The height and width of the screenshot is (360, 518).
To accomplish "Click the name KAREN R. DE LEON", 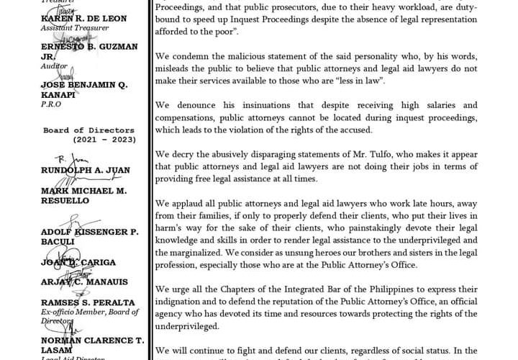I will [x=84, y=18].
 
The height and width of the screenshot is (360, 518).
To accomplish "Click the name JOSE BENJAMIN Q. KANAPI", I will [x=84, y=89].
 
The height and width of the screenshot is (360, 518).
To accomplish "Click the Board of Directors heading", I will [x=88, y=130].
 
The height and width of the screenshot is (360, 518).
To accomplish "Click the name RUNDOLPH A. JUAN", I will [x=86, y=171].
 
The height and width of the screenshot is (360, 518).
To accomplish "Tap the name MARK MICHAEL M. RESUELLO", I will [x=84, y=195].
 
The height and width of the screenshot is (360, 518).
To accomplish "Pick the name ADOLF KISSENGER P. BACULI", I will [x=90, y=237].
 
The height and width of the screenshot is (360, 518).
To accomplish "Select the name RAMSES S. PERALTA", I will [x=88, y=302].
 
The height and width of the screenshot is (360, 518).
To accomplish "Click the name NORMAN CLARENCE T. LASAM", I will [x=93, y=344].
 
